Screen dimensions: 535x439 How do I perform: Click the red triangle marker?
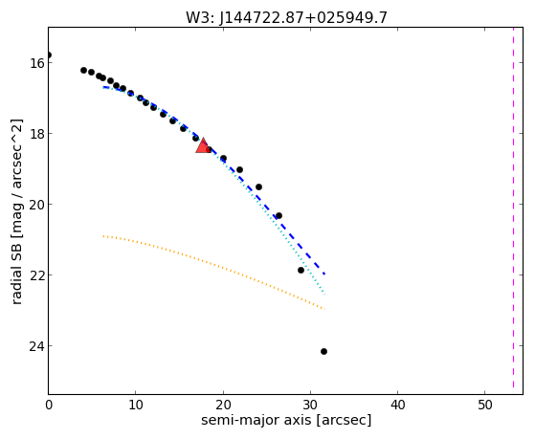click(x=203, y=146)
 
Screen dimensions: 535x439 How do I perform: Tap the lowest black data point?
click(x=323, y=351)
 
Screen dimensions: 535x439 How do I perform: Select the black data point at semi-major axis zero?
click(x=49, y=55)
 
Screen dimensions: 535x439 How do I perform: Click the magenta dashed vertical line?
click(x=513, y=208)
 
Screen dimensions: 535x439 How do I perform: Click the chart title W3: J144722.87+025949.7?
click(x=286, y=17)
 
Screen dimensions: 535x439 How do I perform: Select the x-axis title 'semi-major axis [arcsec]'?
click(x=286, y=420)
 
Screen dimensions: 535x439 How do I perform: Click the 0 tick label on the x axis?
click(x=49, y=405)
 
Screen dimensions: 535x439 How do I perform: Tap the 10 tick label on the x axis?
click(x=136, y=405)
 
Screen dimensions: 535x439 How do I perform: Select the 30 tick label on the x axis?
click(x=310, y=405)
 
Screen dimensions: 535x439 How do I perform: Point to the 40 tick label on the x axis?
click(x=398, y=405)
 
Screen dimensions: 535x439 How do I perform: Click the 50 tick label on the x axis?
click(x=485, y=405)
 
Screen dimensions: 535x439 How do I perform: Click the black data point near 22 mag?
click(x=301, y=270)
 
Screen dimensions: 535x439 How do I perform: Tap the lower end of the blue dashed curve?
click(x=324, y=274)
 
